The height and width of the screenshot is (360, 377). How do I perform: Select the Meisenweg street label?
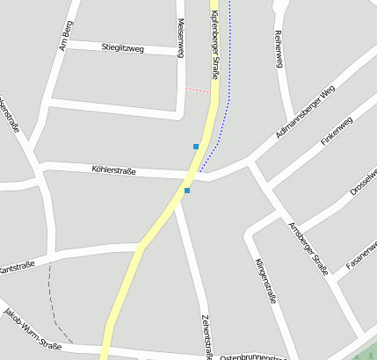point(180,39)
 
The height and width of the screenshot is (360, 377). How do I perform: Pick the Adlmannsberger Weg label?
point(304,114)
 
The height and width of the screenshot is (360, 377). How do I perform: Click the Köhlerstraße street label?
point(113,170)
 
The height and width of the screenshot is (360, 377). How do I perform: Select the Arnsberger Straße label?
point(308,248)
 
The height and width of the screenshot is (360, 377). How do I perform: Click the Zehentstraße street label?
point(207,336)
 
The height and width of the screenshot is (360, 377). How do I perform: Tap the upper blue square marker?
point(196,146)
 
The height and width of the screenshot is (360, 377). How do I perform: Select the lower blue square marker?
point(187,190)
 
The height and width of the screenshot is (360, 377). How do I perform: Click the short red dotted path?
point(198,89)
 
